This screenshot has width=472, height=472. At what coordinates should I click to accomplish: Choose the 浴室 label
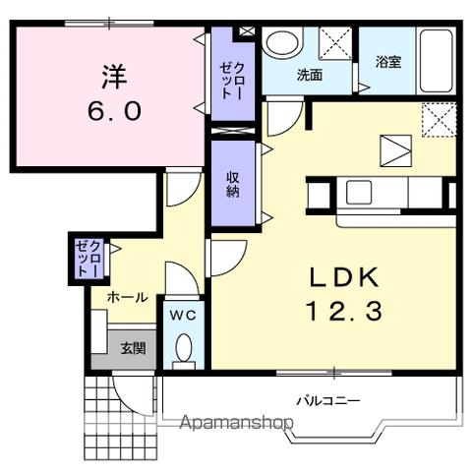[x=387, y=62]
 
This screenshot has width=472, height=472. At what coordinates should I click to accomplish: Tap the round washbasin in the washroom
[x=283, y=44]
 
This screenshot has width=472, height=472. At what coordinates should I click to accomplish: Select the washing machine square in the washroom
[x=335, y=44]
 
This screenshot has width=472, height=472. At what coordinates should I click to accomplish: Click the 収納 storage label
[x=233, y=183]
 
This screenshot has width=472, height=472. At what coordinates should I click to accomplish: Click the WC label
[x=181, y=315]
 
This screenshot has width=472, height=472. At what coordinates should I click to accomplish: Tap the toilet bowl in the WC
[x=182, y=350]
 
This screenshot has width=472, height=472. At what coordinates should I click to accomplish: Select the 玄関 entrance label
[x=133, y=347]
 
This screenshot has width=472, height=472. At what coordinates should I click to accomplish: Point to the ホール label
[x=128, y=296]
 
